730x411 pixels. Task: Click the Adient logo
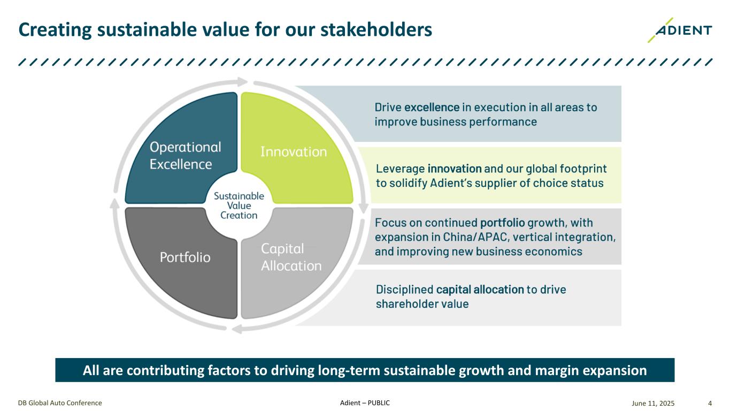tap(680, 30)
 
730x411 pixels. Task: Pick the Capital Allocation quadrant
tap(297, 261)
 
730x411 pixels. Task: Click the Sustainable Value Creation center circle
tap(239, 205)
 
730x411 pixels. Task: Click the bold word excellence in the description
tap(432, 108)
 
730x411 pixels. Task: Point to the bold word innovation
tap(455, 169)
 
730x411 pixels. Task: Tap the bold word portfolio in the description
tap(503, 223)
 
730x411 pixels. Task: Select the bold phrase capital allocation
tap(480, 290)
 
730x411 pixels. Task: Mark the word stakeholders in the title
tap(376, 29)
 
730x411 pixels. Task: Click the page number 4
tap(710, 403)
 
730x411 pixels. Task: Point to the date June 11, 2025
tap(653, 403)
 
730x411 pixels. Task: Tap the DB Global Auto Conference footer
tap(60, 403)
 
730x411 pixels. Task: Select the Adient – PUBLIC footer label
tap(365, 403)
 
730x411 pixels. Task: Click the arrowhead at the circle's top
tap(242, 81)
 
